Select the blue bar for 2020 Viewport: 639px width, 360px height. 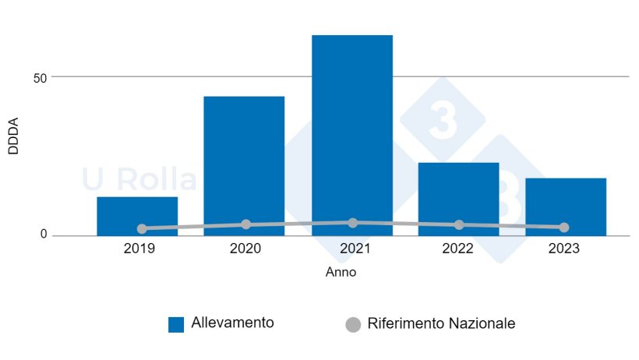(x=244, y=164)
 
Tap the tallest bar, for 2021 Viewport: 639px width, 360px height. (x=351, y=132)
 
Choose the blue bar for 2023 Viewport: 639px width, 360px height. (x=565, y=204)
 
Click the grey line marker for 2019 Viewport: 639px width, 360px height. (x=142, y=229)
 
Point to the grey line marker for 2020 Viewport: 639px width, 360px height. (x=246, y=224)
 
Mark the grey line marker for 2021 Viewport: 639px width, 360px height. (x=353, y=223)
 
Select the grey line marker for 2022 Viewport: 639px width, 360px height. (x=459, y=225)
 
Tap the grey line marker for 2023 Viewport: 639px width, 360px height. (x=564, y=228)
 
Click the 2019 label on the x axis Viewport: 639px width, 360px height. (x=139, y=250)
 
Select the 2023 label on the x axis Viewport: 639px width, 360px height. (x=564, y=250)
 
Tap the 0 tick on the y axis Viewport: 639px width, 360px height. (x=44, y=235)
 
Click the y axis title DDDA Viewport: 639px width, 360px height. (x=13, y=136)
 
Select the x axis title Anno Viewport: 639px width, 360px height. (x=340, y=273)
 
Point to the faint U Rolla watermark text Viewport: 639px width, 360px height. (x=139, y=180)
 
